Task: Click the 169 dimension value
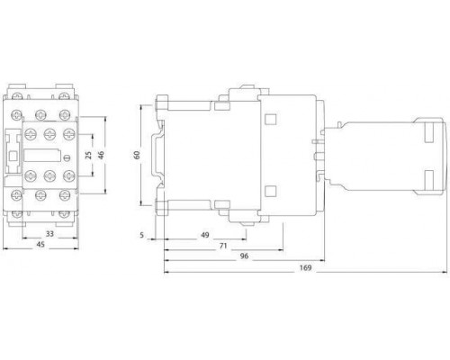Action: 305,267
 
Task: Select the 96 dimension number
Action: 245,256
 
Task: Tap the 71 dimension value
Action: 223,246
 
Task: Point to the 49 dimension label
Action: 205,235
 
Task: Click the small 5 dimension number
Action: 142,235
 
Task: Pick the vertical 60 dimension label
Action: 137,155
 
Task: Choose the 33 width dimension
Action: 49,233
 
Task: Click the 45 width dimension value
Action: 40,245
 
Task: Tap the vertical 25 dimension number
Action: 89,155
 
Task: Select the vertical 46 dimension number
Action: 101,155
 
